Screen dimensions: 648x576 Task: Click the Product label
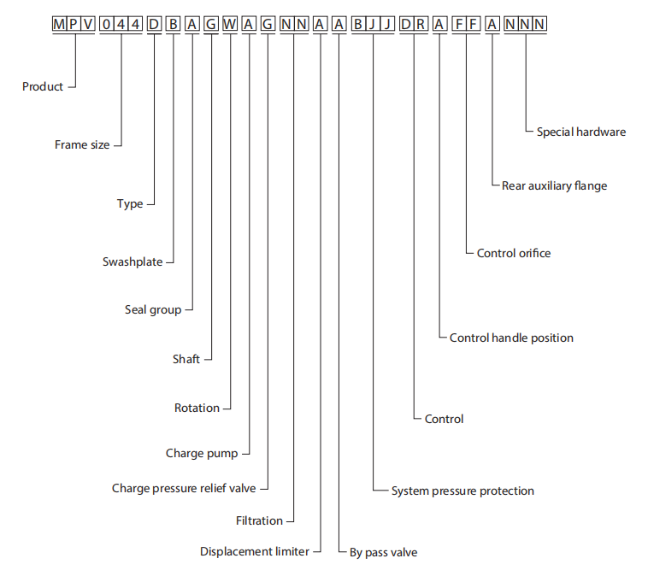(43, 86)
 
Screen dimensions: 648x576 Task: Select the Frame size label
(82, 144)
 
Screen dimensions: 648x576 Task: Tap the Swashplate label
(133, 262)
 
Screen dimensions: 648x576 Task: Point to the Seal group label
(153, 309)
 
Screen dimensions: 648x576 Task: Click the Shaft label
(186, 359)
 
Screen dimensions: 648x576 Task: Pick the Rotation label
(197, 408)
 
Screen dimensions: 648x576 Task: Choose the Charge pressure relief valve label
(184, 488)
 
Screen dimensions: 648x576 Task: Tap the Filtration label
(259, 520)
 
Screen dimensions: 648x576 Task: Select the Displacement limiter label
(255, 551)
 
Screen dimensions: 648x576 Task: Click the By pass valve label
(384, 552)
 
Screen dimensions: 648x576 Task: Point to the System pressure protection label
(462, 491)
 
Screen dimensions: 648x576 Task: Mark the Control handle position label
(511, 338)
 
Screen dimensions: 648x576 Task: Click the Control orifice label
(514, 253)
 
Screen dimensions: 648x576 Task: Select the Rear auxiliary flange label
(554, 185)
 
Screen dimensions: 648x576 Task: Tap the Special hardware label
(581, 132)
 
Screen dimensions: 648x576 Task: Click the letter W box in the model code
(230, 24)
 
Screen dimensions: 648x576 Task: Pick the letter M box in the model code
(59, 24)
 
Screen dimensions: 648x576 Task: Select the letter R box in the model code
(421, 24)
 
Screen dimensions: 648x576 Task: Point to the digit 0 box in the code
(107, 24)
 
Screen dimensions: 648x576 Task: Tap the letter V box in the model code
(87, 24)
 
